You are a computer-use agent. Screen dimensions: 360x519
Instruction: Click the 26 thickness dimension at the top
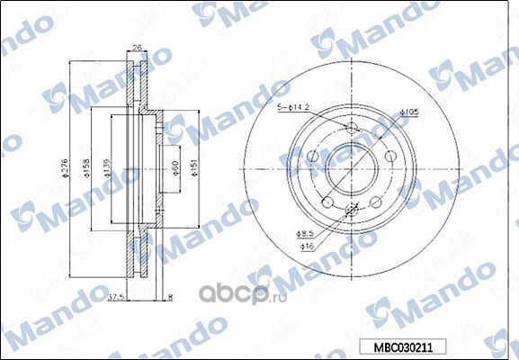[x=137, y=49]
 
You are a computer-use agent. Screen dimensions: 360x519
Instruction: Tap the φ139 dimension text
[x=106, y=167]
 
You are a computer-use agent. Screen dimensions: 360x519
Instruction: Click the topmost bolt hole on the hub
[x=352, y=129]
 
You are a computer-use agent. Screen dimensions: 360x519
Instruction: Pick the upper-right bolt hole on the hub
[x=388, y=156]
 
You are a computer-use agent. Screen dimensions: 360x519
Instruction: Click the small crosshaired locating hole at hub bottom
[x=352, y=211]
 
